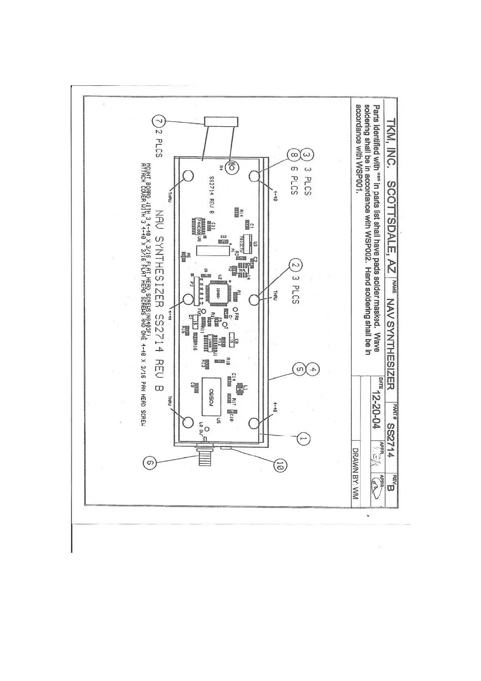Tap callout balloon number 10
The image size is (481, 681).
[280, 466]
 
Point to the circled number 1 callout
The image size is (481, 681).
[304, 438]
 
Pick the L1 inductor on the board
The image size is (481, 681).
[239, 389]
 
